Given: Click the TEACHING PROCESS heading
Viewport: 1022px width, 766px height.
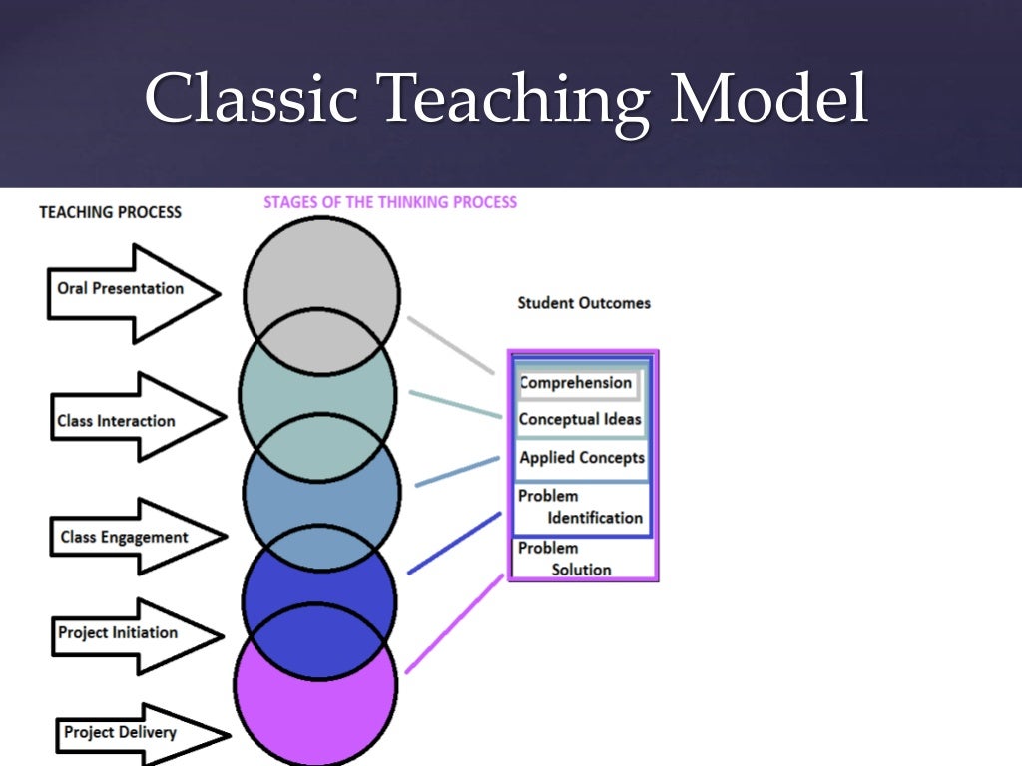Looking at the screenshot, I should (x=110, y=212).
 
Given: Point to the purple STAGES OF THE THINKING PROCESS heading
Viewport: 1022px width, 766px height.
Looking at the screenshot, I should (x=390, y=202).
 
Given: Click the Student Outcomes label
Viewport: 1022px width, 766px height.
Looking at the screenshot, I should (x=584, y=303).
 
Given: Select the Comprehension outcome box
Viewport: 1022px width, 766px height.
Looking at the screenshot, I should (x=576, y=383).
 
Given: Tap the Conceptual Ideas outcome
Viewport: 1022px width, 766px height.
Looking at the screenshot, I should (x=580, y=420).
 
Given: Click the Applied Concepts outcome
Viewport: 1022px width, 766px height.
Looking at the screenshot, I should (x=582, y=459).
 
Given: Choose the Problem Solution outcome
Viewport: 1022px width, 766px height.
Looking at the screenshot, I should (x=579, y=559).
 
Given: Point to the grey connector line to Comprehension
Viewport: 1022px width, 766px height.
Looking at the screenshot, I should (x=450, y=345).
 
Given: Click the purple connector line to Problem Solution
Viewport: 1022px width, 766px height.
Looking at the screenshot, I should (x=454, y=624).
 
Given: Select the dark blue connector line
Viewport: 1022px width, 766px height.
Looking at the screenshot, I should (x=454, y=544).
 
